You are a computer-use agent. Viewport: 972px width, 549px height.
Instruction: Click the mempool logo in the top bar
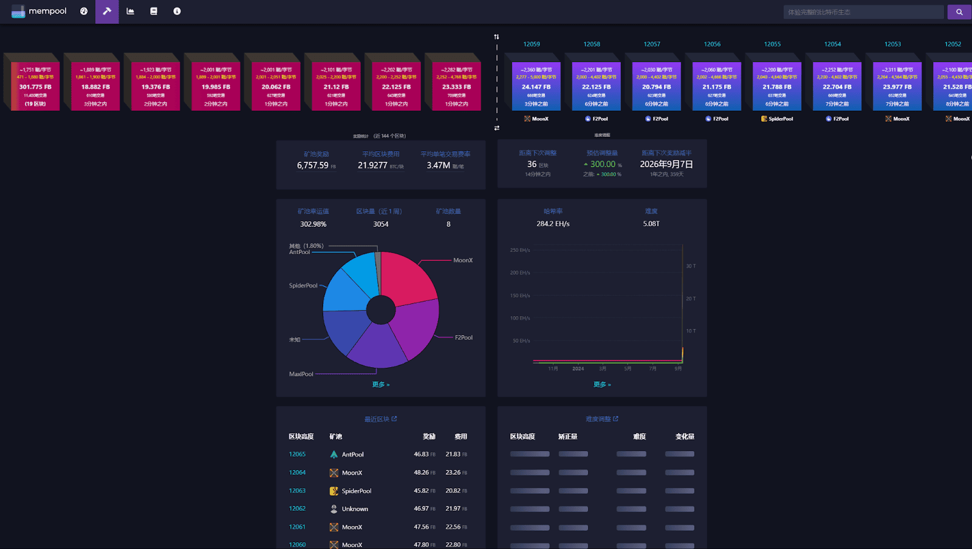pos(39,12)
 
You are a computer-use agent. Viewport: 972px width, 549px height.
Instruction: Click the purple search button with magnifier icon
pos(959,12)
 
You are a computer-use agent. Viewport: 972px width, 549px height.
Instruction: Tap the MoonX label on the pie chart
pos(463,260)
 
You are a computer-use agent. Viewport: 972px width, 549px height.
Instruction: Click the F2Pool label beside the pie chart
pos(464,337)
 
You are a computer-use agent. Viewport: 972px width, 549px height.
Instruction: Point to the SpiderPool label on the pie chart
pos(303,286)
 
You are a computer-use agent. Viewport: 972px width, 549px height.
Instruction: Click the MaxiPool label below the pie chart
pos(301,374)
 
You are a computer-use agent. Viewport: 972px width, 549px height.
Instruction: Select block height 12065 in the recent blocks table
pos(297,454)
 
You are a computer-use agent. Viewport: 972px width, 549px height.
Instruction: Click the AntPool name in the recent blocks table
pos(352,455)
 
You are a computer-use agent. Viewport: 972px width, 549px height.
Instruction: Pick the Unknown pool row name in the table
pos(355,509)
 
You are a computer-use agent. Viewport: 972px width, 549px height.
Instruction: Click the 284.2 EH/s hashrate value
pos(553,224)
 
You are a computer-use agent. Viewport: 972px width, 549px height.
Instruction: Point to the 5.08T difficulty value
pos(651,224)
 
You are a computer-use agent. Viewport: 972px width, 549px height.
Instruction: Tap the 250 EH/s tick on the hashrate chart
pos(520,250)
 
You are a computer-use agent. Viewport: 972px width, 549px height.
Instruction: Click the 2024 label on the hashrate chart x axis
pos(578,368)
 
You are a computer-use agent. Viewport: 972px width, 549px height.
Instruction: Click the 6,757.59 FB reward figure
pos(313,165)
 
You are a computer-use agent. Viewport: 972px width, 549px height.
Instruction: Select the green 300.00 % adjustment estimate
pos(603,164)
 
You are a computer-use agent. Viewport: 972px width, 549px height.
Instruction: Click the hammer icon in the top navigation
pos(107,12)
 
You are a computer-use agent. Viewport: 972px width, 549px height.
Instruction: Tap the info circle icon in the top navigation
pos(177,12)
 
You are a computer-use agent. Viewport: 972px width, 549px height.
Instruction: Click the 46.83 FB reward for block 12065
pos(422,454)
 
